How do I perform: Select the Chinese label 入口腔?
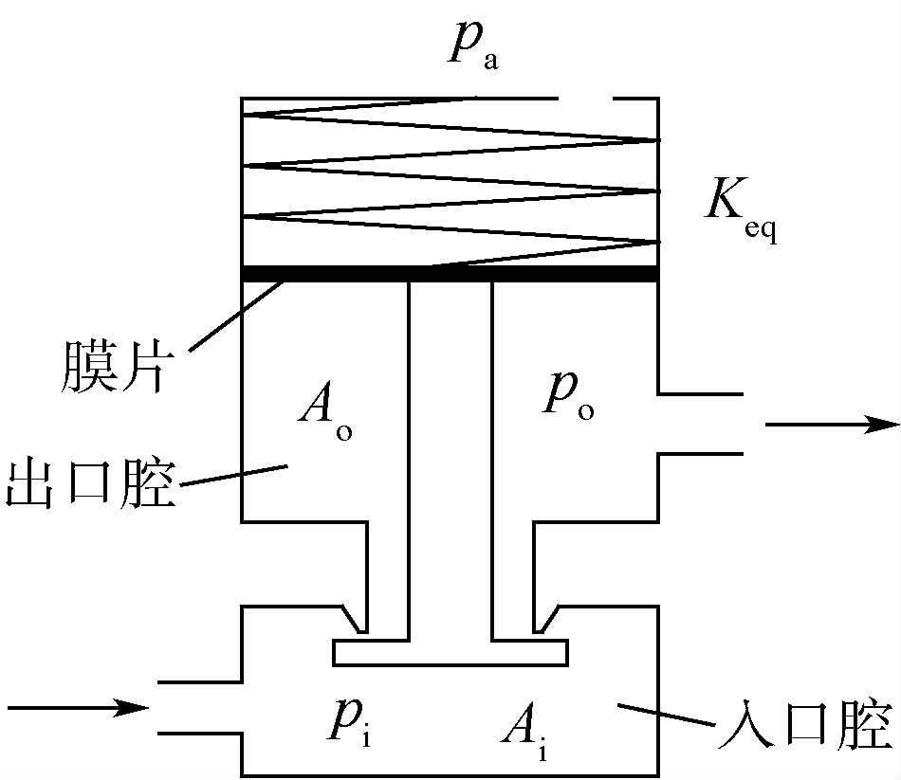click(802, 726)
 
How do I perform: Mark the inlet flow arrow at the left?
click(76, 707)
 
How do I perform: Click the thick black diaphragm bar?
click(450, 274)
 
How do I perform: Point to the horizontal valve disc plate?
click(450, 652)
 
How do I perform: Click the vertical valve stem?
click(450, 455)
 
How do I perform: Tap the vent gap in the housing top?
click(585, 98)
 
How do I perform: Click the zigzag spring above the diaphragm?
click(450, 180)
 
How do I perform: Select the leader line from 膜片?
click(237, 317)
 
